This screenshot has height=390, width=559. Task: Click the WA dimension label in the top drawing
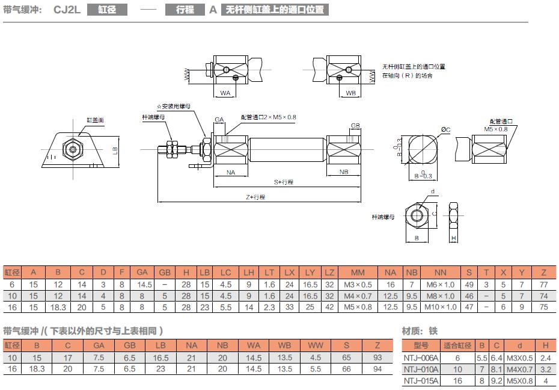(225, 93)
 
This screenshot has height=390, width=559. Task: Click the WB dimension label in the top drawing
(351, 93)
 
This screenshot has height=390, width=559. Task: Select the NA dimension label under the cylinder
(231, 172)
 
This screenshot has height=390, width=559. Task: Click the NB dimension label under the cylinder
(344, 172)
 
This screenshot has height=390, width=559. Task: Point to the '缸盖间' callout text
(95, 120)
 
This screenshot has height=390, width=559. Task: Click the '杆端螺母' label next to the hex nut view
(382, 217)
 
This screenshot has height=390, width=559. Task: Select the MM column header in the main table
(358, 272)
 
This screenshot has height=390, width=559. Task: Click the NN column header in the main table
(440, 272)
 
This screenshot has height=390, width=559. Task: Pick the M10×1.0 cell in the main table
(440, 307)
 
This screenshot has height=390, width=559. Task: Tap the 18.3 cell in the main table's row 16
(58, 307)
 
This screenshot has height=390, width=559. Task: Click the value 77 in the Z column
(544, 284)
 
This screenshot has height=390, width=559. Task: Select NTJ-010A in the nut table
(421, 369)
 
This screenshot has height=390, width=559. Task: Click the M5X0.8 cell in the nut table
(519, 380)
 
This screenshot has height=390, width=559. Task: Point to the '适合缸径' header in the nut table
(457, 345)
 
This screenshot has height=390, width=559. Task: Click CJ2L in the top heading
(66, 10)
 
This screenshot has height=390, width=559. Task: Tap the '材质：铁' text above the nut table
(420, 330)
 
